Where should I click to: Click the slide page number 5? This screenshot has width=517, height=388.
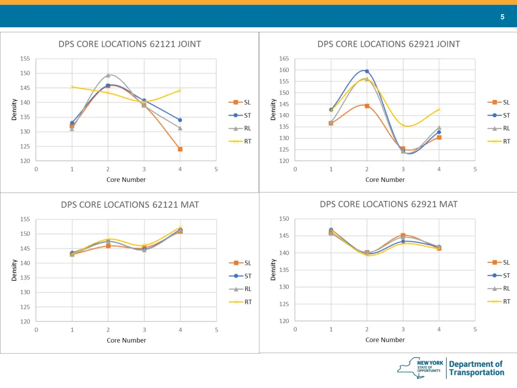coord(502,17)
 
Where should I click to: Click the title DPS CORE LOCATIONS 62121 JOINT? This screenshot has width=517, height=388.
coord(129,44)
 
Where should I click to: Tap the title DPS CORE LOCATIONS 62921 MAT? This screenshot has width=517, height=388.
coord(388,204)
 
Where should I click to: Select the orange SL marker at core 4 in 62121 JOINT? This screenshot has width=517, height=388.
coord(180,149)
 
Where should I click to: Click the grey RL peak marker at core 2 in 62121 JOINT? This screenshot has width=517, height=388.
coord(108,75)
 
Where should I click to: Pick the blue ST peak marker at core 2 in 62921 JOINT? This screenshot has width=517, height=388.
coord(367,71)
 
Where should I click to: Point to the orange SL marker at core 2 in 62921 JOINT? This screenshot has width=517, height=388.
coord(367,106)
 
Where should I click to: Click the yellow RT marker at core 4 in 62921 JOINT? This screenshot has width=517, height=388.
coord(439,109)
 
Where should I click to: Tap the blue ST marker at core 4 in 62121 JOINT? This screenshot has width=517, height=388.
coord(180,120)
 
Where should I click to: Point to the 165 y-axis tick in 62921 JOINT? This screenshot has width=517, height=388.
coord(284,59)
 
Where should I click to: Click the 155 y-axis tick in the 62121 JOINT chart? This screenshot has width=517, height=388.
coord(25,59)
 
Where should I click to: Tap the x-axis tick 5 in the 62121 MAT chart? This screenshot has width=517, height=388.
coord(216,330)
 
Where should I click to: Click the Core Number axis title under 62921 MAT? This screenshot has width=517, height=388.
coord(385,339)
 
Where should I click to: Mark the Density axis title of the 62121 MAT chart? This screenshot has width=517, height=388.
coord(15,270)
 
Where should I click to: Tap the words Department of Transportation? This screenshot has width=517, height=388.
coord(476,368)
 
